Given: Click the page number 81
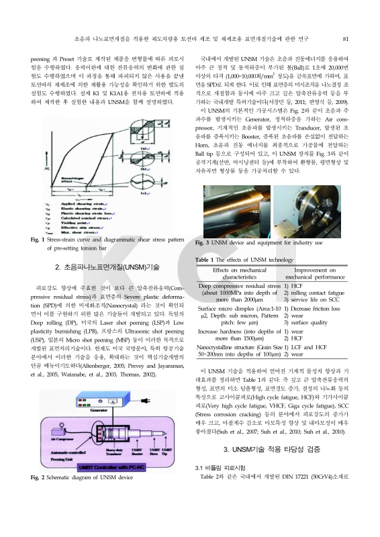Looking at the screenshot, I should (x=344, y=39).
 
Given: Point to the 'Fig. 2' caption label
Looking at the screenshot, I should (x=38, y=477).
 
